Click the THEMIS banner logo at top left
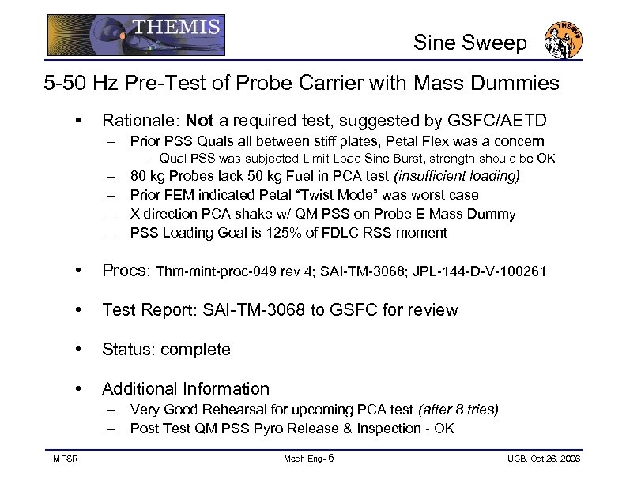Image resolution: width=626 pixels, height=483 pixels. click(135, 35)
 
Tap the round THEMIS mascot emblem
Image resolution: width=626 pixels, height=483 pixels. click(564, 39)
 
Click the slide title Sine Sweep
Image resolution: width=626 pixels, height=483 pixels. click(469, 43)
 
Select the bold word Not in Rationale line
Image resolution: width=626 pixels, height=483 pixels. click(200, 121)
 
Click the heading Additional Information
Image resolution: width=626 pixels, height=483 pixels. click(186, 388)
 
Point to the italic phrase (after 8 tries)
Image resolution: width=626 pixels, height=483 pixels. click(458, 410)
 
